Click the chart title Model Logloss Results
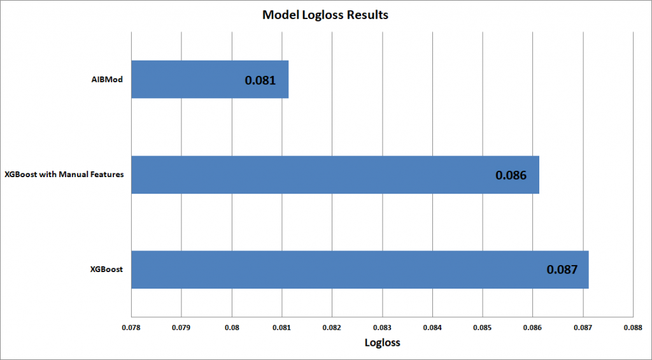(x=325, y=15)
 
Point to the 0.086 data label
(x=511, y=175)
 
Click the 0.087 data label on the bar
(x=562, y=270)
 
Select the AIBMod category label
(x=106, y=80)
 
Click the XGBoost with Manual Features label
(x=64, y=175)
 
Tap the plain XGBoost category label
(x=106, y=270)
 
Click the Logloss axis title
(x=382, y=342)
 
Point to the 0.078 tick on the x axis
(x=131, y=328)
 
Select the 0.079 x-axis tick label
(x=181, y=328)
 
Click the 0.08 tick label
(x=232, y=328)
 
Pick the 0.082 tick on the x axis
(x=332, y=328)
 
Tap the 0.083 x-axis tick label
(x=383, y=328)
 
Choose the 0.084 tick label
(x=432, y=328)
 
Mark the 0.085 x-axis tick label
(x=483, y=328)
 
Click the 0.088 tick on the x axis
(x=633, y=328)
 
